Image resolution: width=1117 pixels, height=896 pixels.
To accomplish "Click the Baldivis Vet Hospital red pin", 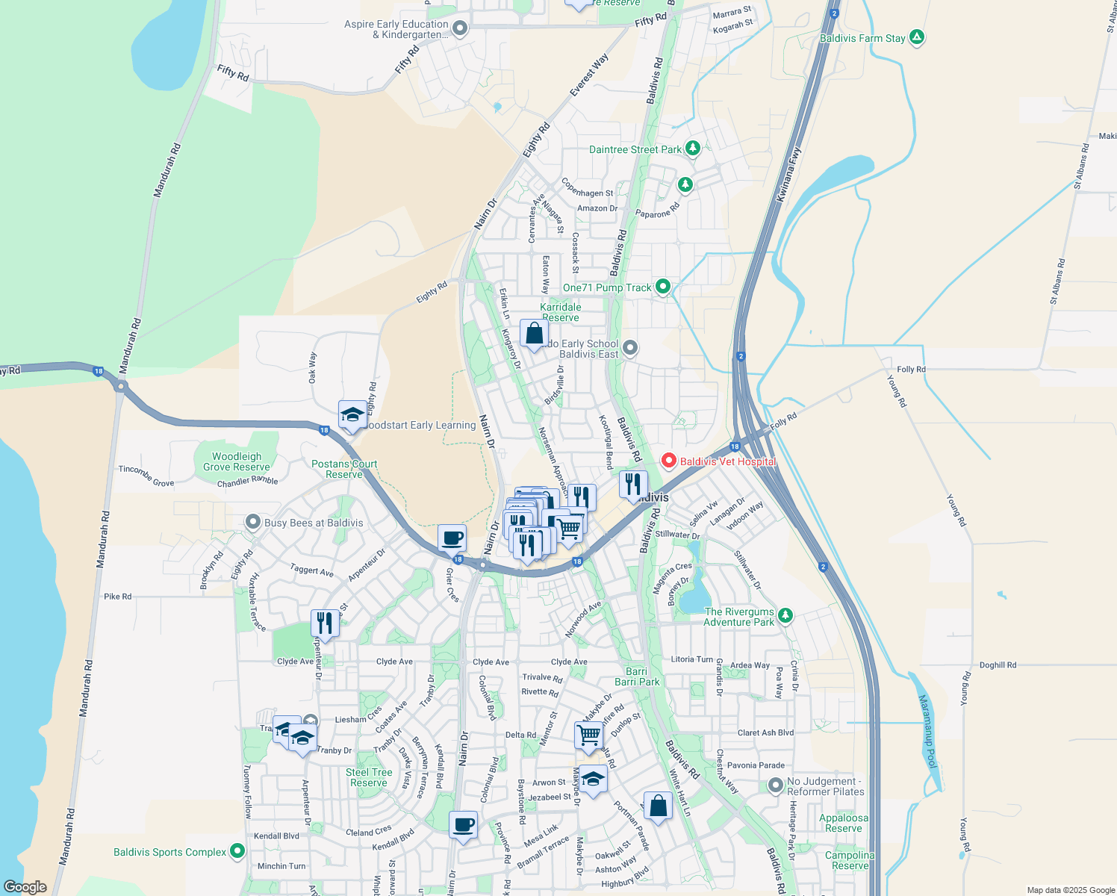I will [x=669, y=461].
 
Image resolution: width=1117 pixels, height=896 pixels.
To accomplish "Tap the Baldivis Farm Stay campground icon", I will [x=917, y=37].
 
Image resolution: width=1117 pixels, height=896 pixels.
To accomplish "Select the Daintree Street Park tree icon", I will [x=693, y=149].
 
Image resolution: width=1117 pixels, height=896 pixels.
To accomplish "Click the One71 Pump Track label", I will [x=607, y=287].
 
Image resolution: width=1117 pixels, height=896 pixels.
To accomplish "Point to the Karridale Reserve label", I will [x=561, y=312].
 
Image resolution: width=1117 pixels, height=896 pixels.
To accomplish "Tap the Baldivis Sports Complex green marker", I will [x=237, y=851].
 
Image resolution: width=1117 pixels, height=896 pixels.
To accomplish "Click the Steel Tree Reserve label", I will [x=369, y=777].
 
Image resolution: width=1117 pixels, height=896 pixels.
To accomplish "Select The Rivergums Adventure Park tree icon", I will [x=785, y=615].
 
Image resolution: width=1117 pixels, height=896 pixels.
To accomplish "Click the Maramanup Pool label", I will [x=927, y=732].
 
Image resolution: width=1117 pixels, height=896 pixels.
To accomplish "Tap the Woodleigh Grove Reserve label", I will [x=237, y=461].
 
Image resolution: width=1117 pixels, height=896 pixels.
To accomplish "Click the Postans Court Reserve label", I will [x=344, y=469].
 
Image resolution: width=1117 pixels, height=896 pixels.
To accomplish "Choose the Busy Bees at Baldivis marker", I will [x=253, y=522].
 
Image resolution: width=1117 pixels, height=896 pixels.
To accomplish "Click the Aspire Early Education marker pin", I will [x=460, y=29].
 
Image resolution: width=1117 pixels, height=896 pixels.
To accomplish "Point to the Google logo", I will [x=25, y=886].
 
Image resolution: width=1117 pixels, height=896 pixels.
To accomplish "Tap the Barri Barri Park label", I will [x=637, y=676].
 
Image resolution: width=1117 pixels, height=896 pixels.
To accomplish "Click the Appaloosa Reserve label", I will [x=844, y=823].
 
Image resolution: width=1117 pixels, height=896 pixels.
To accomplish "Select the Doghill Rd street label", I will [x=998, y=665].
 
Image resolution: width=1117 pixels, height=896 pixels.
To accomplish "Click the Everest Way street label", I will [x=589, y=74].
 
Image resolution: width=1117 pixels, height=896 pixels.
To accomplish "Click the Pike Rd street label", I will [x=117, y=597].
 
